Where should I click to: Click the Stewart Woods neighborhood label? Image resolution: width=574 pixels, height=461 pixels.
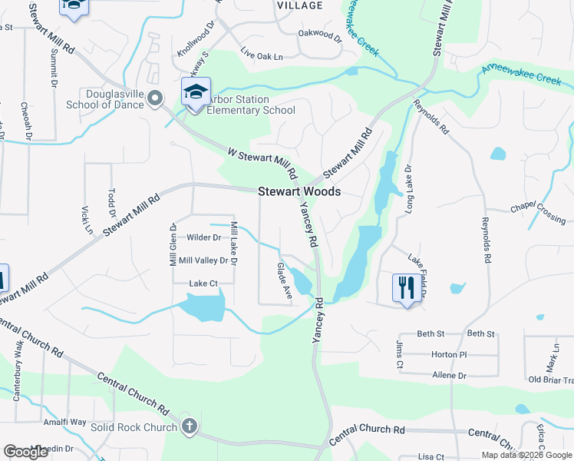pyautogui.click(x=299, y=192)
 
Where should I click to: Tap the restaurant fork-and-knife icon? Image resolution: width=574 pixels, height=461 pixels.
pyautogui.click(x=406, y=288)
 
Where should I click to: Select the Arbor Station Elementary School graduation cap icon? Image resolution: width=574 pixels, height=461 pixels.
pyautogui.click(x=196, y=92)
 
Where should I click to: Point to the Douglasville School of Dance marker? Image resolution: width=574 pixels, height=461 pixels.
pyautogui.click(x=154, y=98)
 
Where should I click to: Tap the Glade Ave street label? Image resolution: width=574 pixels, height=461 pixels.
pyautogui.click(x=285, y=281)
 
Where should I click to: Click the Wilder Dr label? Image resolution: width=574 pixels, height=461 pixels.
pyautogui.click(x=203, y=238)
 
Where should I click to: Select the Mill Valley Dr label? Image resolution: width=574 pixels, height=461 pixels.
pyautogui.click(x=203, y=261)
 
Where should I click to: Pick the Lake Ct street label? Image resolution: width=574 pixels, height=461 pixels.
pyautogui.click(x=203, y=284)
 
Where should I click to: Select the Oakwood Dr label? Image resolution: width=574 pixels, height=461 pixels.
pyautogui.click(x=320, y=34)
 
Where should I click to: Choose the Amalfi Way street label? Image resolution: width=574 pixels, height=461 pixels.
pyautogui.click(x=64, y=422)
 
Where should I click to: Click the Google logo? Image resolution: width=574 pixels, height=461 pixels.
pyautogui.click(x=26, y=452)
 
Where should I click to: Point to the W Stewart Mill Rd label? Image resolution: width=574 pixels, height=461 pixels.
pyautogui.click(x=262, y=162)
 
